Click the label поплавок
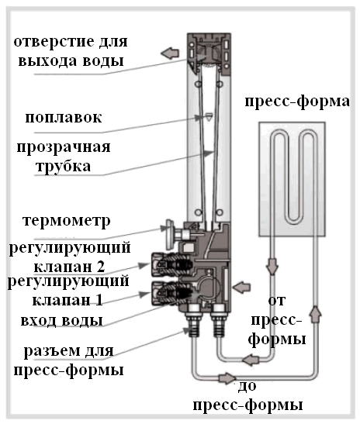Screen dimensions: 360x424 (64, 117)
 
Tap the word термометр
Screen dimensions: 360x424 (67, 221)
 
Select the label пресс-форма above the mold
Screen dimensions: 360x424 (297, 102)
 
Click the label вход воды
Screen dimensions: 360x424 (62, 320)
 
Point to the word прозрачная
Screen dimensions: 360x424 (64, 147)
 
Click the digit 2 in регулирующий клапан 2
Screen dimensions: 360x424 (100, 267)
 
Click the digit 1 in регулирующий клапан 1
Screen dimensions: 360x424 (99, 300)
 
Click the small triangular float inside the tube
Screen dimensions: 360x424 (209, 116)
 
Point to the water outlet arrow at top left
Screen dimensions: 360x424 (170, 53)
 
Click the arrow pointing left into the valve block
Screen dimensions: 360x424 (241, 287)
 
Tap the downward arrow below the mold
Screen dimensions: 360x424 (272, 267)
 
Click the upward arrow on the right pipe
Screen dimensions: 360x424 (315, 314)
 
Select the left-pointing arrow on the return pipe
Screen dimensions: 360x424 (251, 360)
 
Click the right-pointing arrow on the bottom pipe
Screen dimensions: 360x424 (227, 377)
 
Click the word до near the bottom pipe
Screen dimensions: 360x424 (247, 387)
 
